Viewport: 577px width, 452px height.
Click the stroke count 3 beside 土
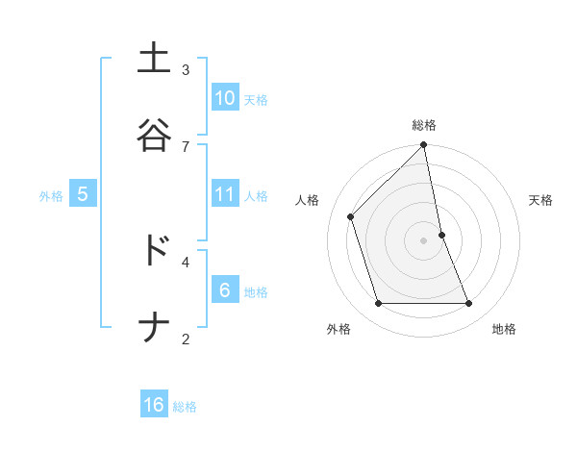point(186,69)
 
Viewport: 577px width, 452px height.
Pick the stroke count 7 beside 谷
point(186,146)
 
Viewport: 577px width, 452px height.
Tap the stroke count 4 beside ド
point(186,261)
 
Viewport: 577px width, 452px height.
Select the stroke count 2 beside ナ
point(186,339)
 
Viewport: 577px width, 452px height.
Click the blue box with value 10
point(224,97)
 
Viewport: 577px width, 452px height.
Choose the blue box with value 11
point(224,194)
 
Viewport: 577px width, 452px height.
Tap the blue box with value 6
point(224,289)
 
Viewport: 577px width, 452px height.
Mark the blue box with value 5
point(83,194)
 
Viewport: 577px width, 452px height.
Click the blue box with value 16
point(154,405)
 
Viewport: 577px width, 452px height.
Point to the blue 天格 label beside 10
point(256,99)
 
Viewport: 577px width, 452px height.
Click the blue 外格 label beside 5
point(51,196)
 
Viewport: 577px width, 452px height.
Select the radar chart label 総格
point(424,125)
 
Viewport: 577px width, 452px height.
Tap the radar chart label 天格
point(541,200)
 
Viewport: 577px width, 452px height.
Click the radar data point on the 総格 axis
point(424,146)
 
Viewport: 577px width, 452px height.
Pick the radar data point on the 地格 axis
point(469,304)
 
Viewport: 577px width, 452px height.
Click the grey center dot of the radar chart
point(424,240)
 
